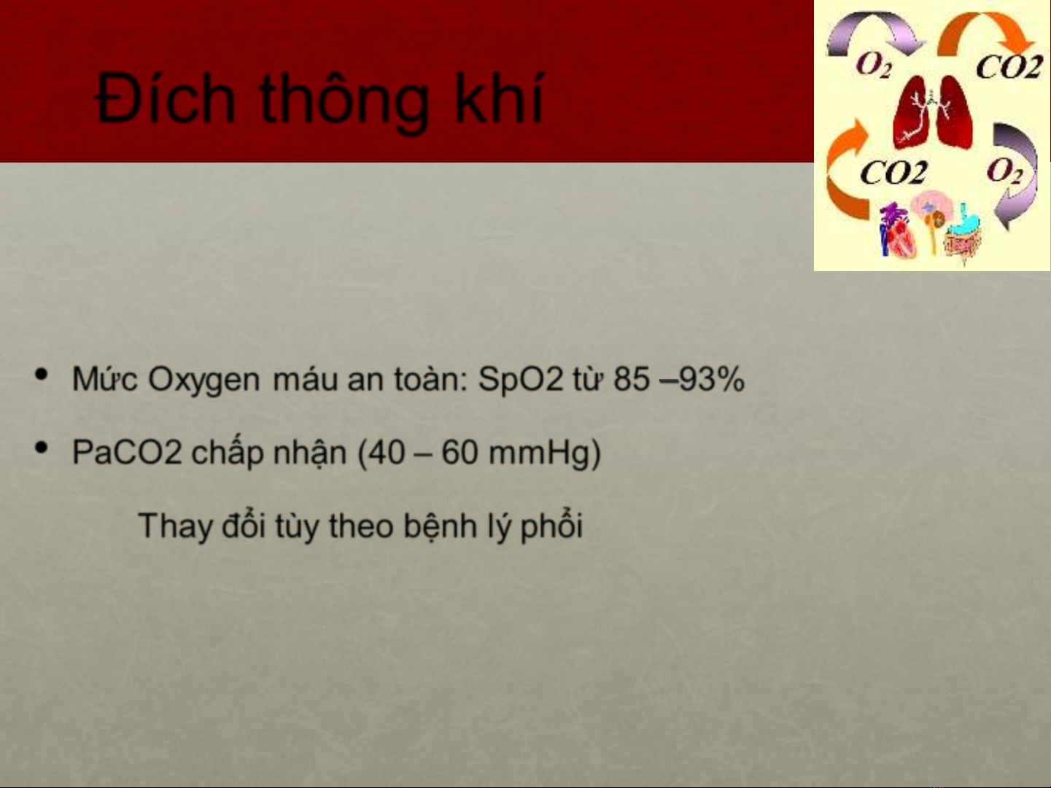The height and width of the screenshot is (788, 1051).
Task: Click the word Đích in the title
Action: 165,99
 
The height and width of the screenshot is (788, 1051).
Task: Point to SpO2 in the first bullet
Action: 521,379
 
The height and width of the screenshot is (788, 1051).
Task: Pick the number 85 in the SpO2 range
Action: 632,379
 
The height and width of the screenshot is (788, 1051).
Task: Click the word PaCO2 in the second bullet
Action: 127,452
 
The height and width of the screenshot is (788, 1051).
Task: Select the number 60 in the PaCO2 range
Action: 459,452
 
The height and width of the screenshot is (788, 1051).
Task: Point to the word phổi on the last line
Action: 551,526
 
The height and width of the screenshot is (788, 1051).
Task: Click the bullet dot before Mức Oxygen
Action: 42,375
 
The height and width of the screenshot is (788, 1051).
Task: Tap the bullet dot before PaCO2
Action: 42,448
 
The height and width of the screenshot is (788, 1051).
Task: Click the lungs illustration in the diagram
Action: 932,113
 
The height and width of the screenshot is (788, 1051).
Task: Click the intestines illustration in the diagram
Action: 963,235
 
